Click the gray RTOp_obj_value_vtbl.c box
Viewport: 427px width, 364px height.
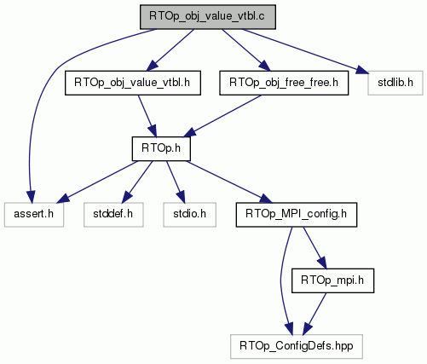208,17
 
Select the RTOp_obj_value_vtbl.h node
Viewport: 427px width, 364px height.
133,83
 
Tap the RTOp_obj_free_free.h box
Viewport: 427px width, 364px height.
284,83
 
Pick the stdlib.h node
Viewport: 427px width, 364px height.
395,83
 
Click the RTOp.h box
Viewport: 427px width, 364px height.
161,148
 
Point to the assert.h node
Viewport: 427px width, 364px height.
34,215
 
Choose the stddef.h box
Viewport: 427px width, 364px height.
113,215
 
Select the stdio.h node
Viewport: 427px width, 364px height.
189,215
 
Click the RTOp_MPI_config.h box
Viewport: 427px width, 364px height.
297,215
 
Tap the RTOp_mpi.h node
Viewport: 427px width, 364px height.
332,280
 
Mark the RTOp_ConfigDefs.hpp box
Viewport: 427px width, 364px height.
297,346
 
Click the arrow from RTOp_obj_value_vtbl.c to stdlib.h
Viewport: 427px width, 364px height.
305,51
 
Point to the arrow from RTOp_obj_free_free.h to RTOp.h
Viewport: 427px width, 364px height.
222,116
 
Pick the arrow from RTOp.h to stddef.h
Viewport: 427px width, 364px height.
138,182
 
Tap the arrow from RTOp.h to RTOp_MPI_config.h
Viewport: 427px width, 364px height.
228,182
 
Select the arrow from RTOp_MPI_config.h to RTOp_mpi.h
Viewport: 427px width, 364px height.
315,247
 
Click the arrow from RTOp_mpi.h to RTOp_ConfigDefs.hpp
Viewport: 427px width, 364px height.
314,314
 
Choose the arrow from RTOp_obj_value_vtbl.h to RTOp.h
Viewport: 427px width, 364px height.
147,116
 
